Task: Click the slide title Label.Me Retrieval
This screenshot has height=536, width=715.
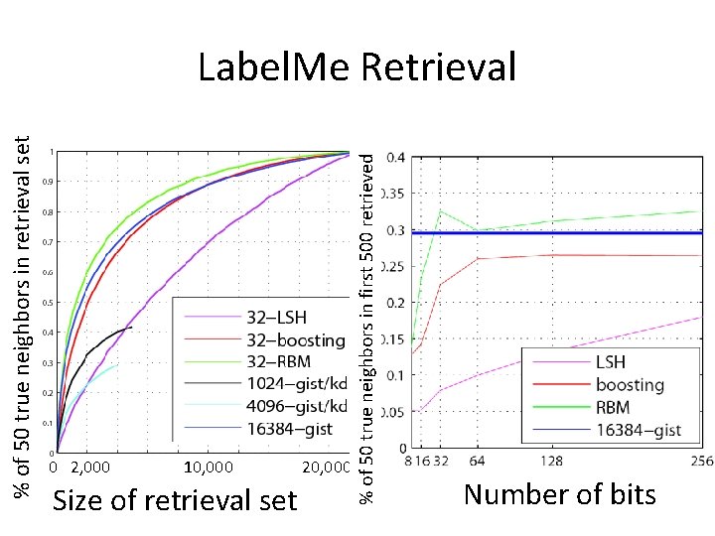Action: [357, 67]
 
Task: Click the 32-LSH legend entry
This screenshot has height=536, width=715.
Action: [276, 319]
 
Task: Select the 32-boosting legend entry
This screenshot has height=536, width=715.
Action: [296, 339]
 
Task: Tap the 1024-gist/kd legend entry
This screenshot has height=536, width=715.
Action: [296, 383]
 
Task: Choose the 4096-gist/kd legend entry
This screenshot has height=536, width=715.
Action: [296, 405]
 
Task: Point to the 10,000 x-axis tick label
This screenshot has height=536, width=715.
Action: [209, 467]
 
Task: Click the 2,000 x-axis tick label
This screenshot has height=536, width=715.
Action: [91, 467]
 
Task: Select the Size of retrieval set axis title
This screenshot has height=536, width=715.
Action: [174, 500]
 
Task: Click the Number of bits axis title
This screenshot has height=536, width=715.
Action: [559, 493]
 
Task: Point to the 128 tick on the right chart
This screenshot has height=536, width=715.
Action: [551, 461]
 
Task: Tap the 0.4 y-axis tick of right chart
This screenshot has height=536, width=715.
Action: [395, 157]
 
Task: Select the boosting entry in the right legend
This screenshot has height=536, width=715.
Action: [629, 384]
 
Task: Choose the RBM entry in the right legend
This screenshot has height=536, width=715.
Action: [614, 406]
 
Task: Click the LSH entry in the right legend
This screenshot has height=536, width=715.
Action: [610, 363]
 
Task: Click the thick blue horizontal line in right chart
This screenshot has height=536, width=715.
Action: [556, 233]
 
